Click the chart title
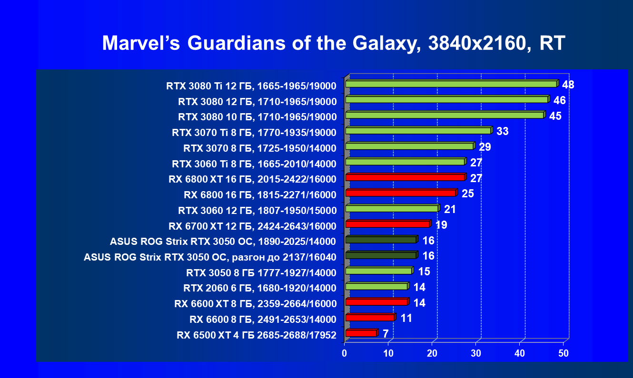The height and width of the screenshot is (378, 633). pos(333,43)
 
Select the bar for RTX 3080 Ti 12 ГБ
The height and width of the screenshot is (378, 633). pos(451,84)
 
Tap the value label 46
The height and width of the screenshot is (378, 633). pos(559,100)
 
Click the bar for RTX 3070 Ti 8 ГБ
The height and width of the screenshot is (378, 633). pos(418,131)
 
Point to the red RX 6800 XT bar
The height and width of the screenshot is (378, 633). pos(405,177)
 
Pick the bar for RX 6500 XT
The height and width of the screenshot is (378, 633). pos(361,333)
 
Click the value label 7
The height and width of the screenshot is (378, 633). pos(386,334)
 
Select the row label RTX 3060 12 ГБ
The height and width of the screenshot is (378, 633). pos(257,210)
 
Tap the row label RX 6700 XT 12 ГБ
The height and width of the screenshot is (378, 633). pos(252,226)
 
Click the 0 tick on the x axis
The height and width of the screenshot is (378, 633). pos(345,353)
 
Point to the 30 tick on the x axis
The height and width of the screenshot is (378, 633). pos(476,353)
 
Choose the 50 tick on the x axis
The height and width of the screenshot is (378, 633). pos(564,353)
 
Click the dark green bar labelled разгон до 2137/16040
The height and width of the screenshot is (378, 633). pos(381,255)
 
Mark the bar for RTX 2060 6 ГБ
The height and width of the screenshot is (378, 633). pos(376,287)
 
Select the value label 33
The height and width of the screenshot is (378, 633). pos(502,131)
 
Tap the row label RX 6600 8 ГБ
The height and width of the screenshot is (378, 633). pos(263,319)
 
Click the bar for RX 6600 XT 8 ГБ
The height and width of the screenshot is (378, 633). pos(376,302)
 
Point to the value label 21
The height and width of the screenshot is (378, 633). pos(450,209)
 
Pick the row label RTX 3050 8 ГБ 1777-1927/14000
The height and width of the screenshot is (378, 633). pos(261,273)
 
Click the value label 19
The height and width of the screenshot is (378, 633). pos(441,225)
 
